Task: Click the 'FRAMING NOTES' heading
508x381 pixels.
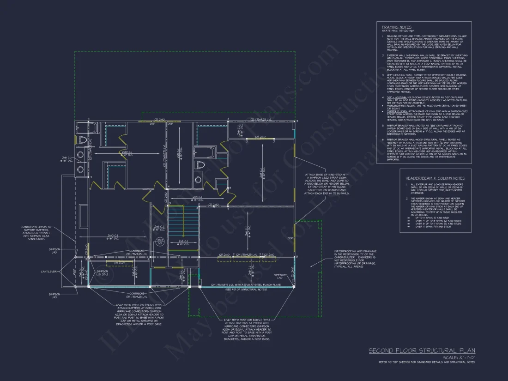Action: tap(393, 27)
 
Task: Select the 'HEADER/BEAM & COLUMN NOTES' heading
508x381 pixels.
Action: tap(435, 178)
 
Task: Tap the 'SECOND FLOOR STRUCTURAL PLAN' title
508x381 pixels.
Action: tap(422, 351)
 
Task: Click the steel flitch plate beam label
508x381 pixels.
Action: tap(245, 285)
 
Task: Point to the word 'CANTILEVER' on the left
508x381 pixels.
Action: tap(49, 271)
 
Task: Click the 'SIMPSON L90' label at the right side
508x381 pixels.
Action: tap(279, 276)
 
